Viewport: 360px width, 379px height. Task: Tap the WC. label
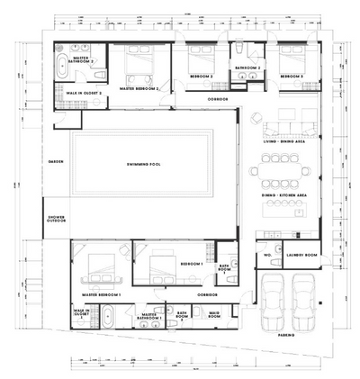[x=267, y=255]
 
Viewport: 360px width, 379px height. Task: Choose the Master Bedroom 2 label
[x=139, y=89]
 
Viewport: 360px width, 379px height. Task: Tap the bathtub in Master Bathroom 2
[x=62, y=65]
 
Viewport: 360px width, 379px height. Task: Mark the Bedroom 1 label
[x=190, y=264]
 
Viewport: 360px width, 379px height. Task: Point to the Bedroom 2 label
[x=201, y=77]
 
